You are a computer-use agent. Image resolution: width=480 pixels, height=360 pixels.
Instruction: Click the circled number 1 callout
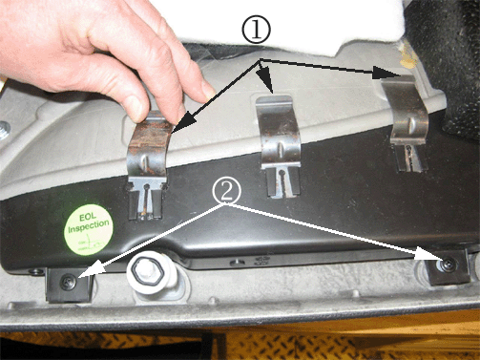pos(257,30)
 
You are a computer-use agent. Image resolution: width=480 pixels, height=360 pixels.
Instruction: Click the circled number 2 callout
pos(227,191)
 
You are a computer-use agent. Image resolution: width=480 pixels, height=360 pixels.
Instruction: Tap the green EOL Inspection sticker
pos(89,229)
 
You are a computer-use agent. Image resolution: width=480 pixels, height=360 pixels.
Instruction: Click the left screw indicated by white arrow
pos(69,282)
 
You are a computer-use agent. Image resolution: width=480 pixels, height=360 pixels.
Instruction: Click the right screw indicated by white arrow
pos(449,265)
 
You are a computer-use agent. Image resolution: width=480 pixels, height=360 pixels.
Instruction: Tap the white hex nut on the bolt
pos(145,271)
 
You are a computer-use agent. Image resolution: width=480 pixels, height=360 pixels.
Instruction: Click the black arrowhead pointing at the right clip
pos(386,74)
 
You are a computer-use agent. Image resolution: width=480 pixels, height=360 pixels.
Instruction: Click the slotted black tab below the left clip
pos(146,201)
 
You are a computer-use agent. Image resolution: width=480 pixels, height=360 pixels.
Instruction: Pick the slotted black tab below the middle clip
pos(282,181)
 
